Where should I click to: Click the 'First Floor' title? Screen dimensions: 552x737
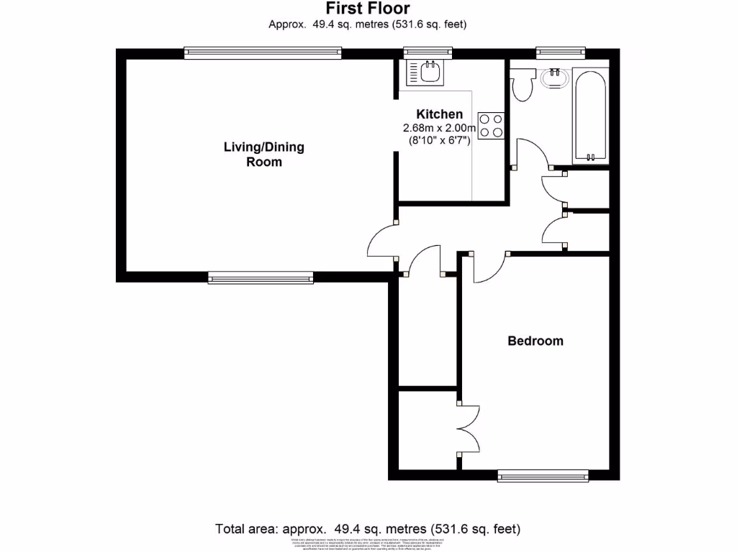pos(368,9)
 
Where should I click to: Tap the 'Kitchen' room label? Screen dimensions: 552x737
pos(440,114)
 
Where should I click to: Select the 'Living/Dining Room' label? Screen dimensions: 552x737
pos(264,155)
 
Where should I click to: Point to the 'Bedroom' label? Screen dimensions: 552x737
pos(535,341)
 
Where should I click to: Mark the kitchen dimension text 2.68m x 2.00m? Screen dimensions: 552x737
pos(440,128)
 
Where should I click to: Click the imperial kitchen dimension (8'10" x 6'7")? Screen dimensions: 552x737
pos(440,141)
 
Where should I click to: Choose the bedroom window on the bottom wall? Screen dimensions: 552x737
pos(543,475)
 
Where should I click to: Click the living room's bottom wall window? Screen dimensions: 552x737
pos(261,277)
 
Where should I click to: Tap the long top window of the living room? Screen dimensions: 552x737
pos(263,53)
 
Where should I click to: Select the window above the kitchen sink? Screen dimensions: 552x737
pos(428,53)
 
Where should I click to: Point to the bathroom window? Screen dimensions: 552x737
pos(561,53)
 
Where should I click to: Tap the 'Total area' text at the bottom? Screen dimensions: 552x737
pos(368,529)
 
